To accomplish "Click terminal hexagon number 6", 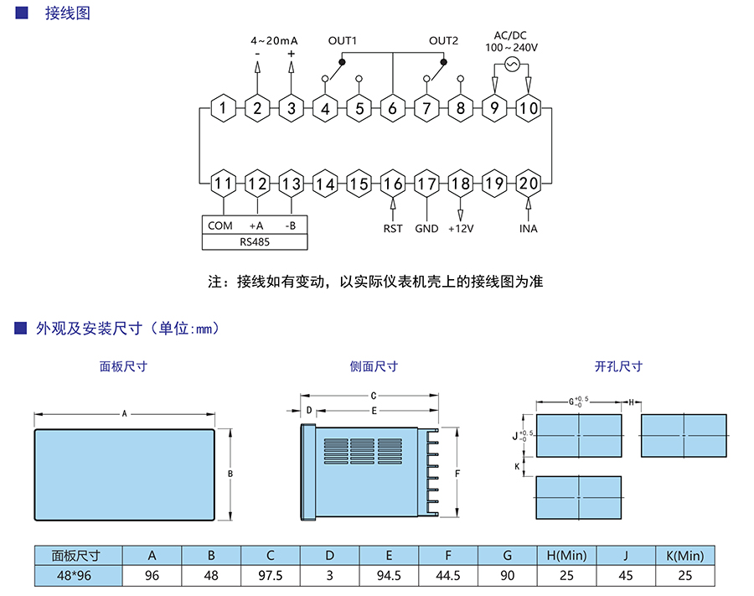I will (x=392, y=108).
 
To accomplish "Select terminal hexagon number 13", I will (x=292, y=184).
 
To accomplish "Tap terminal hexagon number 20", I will (x=528, y=184).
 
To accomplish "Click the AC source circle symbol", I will (x=511, y=64).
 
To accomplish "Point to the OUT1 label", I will (x=343, y=40).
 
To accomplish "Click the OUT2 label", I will (x=444, y=40).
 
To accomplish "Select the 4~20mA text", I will (x=274, y=40).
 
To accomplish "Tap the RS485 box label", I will (x=256, y=241).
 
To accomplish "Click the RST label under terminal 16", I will (x=393, y=229).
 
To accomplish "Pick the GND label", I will (x=426, y=229).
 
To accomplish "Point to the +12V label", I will (x=461, y=229).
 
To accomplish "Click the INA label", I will (x=528, y=229).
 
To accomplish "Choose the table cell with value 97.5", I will (x=271, y=575).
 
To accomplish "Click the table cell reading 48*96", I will (x=75, y=575).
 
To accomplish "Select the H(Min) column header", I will (x=566, y=555).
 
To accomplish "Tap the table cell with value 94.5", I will (x=389, y=575).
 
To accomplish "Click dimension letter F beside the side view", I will (x=457, y=474).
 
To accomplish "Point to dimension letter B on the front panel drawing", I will (x=230, y=474).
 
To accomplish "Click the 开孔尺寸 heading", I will (x=618, y=366).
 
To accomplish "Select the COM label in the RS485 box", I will (x=220, y=225).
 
